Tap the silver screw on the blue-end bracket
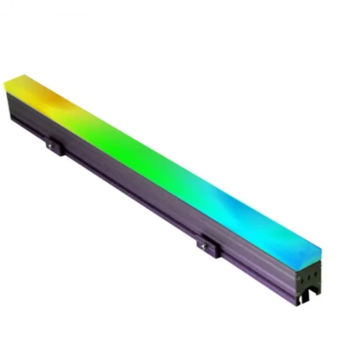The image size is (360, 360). click(204, 245)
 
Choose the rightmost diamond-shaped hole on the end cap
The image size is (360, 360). click(316, 274)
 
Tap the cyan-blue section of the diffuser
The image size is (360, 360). click(252, 216)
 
